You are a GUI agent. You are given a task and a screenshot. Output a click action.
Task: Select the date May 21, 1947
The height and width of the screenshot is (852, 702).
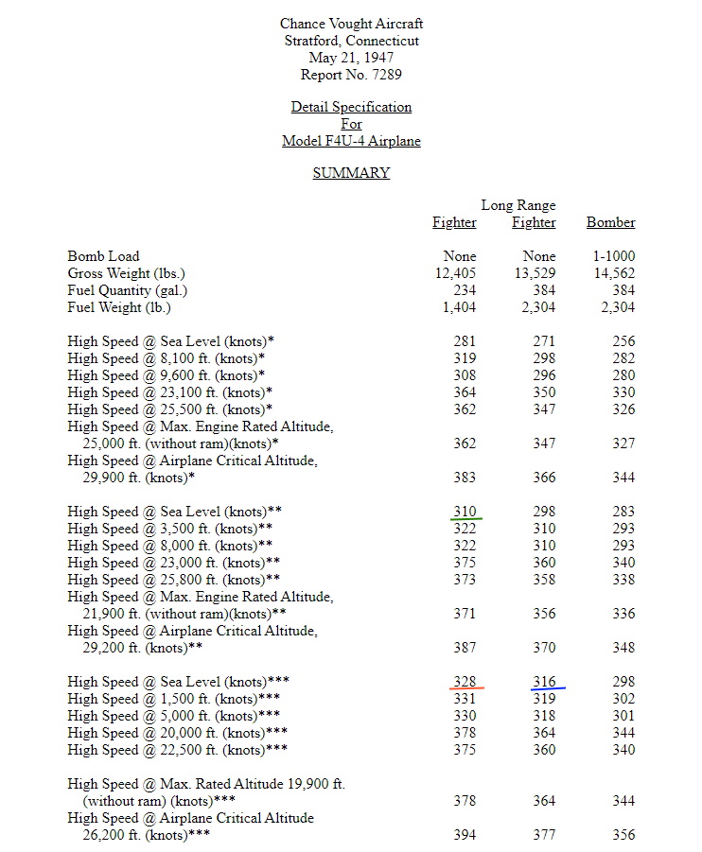coord(351,58)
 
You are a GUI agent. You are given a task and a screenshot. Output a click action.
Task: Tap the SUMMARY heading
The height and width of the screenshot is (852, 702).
coord(351,173)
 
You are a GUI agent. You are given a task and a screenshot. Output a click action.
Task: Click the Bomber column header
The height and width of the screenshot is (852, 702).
coord(610,223)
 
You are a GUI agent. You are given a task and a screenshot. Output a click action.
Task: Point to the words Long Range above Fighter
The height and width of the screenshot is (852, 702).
coord(518,205)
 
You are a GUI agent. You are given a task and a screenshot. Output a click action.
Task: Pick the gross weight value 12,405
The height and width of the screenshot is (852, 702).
coord(454,273)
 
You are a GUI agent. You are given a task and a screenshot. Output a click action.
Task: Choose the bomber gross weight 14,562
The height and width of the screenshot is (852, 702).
coord(614,273)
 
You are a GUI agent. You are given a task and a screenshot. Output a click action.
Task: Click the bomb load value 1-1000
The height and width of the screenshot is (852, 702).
coord(614,256)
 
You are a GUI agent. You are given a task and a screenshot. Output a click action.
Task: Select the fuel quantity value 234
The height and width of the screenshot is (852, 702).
coord(464,290)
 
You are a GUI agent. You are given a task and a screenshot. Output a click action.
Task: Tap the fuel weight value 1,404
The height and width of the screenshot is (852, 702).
coord(458,307)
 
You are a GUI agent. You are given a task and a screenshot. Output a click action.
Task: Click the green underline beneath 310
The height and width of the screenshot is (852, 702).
coord(465,519)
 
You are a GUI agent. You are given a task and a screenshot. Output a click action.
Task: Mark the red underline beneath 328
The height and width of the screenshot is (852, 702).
coord(465,689)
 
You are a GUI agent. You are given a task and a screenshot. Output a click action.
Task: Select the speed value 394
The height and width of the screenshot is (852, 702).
coord(465,835)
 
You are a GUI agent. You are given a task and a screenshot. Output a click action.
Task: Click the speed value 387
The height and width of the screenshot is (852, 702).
coord(465,648)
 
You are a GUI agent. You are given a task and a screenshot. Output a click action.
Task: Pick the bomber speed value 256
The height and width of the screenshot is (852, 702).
coord(623,341)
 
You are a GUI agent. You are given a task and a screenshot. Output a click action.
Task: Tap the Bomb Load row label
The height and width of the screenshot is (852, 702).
coord(103,256)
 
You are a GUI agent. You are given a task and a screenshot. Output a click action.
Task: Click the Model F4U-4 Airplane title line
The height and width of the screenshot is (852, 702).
coord(351,141)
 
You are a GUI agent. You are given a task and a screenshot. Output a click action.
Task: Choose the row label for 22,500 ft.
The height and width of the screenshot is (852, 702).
coord(178,750)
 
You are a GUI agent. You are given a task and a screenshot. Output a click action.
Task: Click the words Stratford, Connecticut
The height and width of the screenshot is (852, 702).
coord(351,41)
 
